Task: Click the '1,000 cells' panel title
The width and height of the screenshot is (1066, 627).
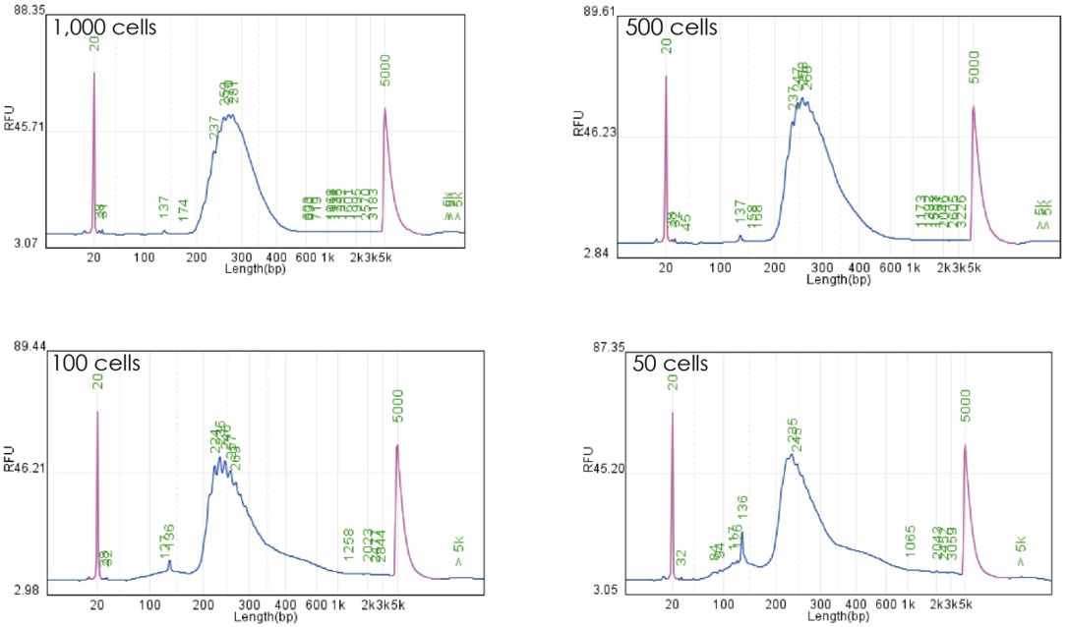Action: click(x=107, y=27)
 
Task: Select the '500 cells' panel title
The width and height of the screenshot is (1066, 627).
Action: click(x=672, y=27)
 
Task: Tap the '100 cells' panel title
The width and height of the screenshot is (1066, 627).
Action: click(x=97, y=364)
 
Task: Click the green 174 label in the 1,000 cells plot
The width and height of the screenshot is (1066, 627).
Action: click(x=183, y=211)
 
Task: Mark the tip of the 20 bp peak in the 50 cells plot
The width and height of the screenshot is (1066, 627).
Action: click(x=673, y=413)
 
